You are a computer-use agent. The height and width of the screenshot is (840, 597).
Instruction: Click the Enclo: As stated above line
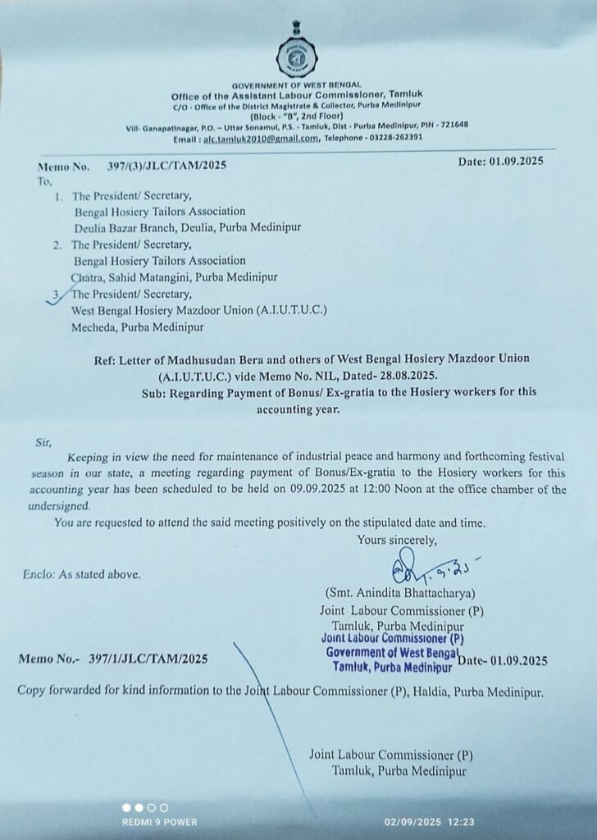click(x=82, y=573)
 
